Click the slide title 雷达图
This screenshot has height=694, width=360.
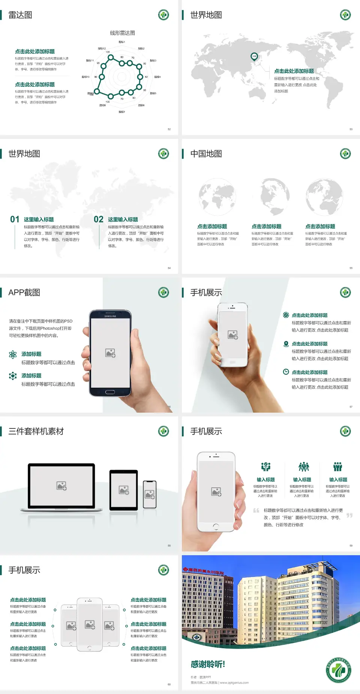pos(20,15)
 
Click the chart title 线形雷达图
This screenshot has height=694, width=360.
pos(122,33)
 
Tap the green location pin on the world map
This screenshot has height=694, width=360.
pos(254,57)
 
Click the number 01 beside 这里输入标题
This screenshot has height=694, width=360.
pos(15,219)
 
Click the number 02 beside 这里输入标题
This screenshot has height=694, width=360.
pos(98,219)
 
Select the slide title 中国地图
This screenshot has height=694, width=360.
pos(206,154)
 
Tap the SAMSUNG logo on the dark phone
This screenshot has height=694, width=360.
pos(110,316)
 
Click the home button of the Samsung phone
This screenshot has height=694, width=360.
pos(110,392)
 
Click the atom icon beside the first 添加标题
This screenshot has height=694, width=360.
pos(13,355)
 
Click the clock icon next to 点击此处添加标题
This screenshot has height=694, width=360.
pos(286,372)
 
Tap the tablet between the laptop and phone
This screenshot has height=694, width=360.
pos(124,490)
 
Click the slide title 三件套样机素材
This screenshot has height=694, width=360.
pos(36,431)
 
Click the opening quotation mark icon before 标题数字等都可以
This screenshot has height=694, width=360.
pos(256,511)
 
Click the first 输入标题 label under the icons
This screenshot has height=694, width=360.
pos(265,480)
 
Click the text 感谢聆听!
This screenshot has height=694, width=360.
pos(208,664)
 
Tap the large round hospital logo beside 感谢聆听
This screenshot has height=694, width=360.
pos(338,670)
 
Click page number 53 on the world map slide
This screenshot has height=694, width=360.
pos(351,129)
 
